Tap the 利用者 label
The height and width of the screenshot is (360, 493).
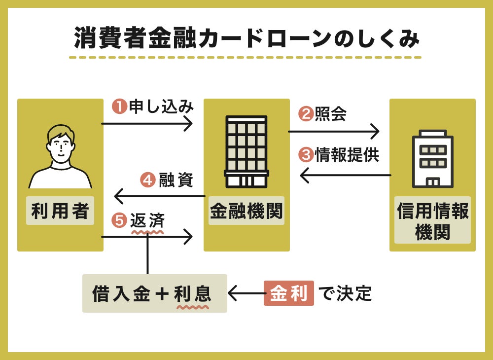[x=60, y=211]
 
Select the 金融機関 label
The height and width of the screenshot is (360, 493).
[x=246, y=211]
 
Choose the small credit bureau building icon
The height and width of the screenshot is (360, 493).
[x=432, y=159]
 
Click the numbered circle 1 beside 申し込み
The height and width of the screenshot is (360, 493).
[x=119, y=107]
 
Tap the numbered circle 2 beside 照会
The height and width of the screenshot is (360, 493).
[x=306, y=114]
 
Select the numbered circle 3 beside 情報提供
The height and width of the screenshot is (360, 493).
[x=306, y=155]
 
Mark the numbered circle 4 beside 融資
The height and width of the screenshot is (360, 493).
[x=147, y=180]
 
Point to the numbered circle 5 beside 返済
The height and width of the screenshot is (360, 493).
[x=119, y=220]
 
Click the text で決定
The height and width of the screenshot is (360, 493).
[x=345, y=293]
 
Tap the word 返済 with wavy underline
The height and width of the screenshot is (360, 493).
[x=147, y=220]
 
